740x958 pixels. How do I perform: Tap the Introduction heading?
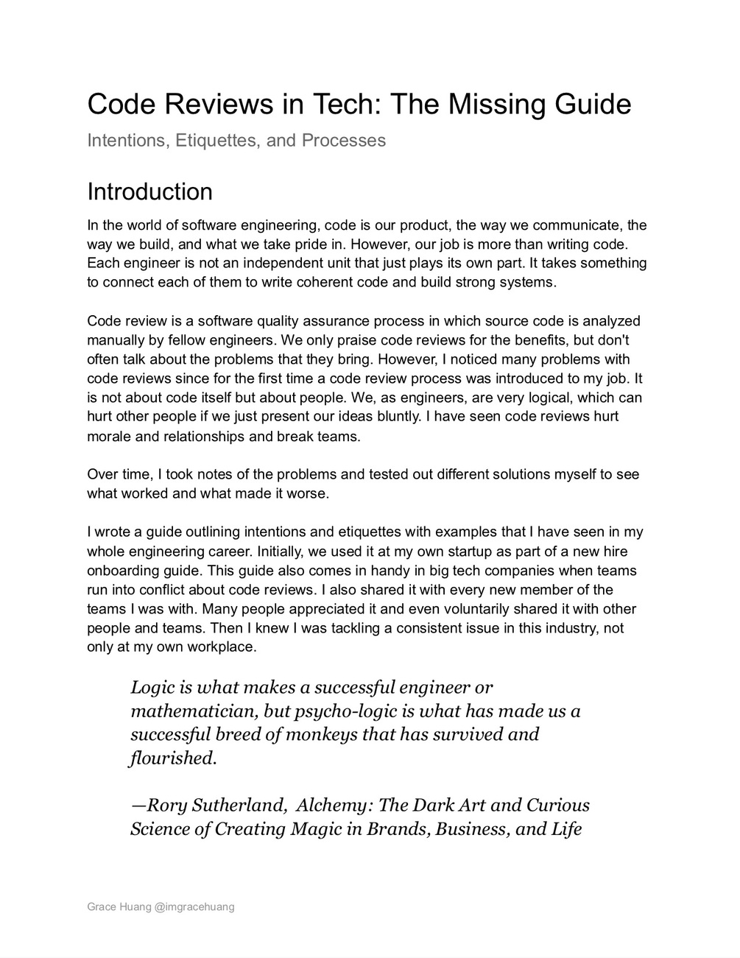coord(149,191)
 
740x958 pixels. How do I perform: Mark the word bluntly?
coord(398,417)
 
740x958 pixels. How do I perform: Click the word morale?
coord(108,437)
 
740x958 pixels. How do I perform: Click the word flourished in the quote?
coord(173,758)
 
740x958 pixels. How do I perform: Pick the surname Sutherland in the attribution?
coord(239,806)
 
